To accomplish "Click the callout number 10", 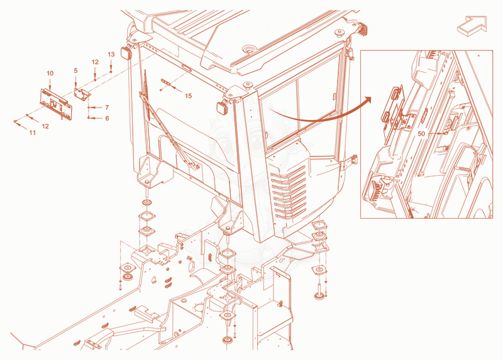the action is [x=50, y=74].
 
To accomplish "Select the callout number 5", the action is [x=75, y=70].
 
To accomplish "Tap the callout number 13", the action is [x=111, y=55].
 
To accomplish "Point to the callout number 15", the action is [x=188, y=96].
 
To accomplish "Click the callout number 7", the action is [x=107, y=107].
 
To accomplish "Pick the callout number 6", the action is [x=107, y=118].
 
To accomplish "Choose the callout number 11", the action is [x=33, y=133].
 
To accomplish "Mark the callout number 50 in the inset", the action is [x=421, y=134].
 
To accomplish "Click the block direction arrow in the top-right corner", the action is [x=472, y=25].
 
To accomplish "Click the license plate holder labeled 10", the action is [x=56, y=104].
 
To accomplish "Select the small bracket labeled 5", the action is [x=82, y=94].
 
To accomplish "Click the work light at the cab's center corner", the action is [x=223, y=107].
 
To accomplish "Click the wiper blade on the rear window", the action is [x=146, y=96].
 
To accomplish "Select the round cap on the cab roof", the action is [x=249, y=49].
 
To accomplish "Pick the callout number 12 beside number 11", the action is [x=45, y=126].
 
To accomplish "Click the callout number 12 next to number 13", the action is [x=95, y=62].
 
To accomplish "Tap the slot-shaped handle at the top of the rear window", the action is [x=186, y=68].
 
